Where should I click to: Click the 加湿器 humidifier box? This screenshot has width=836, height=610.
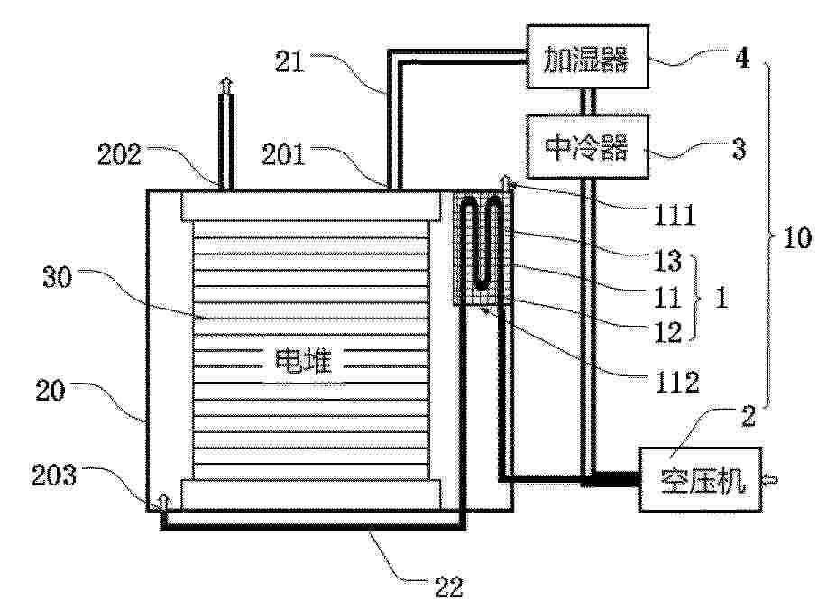[x=588, y=57]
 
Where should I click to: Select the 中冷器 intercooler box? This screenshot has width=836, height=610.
[x=588, y=146]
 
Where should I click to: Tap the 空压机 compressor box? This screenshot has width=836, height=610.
[x=701, y=479]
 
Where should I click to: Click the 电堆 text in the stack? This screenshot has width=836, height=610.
[x=302, y=361]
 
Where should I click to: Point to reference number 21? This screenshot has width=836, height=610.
[x=290, y=61]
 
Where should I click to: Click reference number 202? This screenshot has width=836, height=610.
[x=119, y=155]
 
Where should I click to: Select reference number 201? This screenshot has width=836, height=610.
[x=282, y=155]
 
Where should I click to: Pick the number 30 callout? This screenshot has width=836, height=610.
[x=57, y=278]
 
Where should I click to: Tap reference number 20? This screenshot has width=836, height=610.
[x=51, y=390]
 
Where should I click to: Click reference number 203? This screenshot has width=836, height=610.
[x=54, y=475]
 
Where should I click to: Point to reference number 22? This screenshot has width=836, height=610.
[x=449, y=587]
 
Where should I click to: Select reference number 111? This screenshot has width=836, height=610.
[x=675, y=215]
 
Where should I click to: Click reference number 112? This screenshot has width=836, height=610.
[x=676, y=382]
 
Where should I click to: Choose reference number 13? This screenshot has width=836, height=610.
[x=667, y=261]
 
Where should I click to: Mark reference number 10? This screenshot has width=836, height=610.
[x=797, y=238]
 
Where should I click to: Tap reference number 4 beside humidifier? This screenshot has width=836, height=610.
[x=742, y=57]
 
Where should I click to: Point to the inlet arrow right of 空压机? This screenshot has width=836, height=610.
[x=771, y=480]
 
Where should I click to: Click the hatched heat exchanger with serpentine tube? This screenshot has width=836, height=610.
[x=482, y=248]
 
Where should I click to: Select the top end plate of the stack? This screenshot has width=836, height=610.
[x=311, y=206]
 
